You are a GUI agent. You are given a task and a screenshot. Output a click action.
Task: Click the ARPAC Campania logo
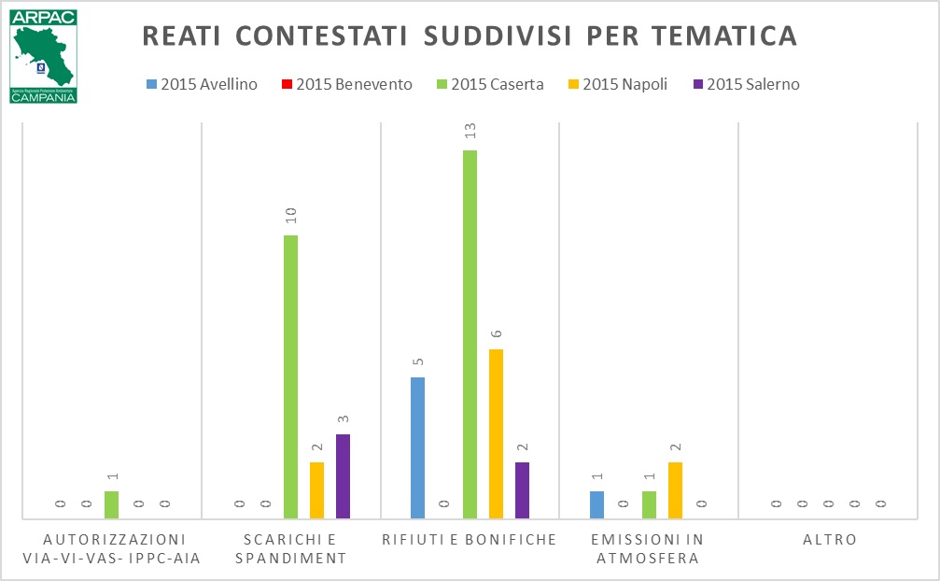point(43,56)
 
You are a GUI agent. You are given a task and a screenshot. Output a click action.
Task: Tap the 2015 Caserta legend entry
point(492,84)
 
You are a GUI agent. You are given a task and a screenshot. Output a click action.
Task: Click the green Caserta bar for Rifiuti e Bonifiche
point(470,333)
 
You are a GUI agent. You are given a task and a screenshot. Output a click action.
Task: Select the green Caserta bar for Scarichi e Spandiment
point(290,376)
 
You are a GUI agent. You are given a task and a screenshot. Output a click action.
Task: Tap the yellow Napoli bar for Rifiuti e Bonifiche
point(496,433)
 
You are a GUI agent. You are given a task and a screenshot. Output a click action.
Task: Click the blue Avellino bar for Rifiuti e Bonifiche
point(417,447)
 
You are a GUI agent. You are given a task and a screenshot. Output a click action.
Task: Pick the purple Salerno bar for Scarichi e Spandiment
point(343,475)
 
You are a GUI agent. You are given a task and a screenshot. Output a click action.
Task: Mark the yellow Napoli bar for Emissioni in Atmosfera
point(675,489)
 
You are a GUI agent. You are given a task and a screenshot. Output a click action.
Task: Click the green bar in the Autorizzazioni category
point(111,504)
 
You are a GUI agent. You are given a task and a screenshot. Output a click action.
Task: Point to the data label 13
point(470,132)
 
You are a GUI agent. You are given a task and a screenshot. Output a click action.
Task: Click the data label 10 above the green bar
point(290,216)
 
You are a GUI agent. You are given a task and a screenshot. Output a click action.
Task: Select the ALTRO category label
point(829,540)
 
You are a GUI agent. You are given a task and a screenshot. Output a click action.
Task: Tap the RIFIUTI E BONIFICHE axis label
point(470,540)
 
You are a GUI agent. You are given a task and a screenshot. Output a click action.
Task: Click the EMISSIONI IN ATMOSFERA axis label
point(649,549)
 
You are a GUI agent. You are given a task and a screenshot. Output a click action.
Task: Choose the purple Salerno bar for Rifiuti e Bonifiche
point(522,489)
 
